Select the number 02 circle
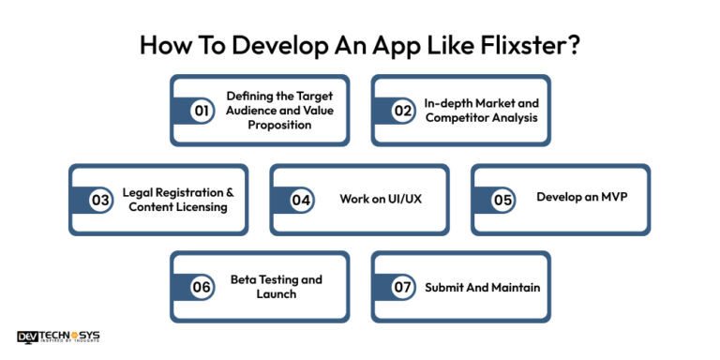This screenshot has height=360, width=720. point(402,111)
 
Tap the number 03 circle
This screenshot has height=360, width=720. point(100,200)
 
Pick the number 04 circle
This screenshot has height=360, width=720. point(301,200)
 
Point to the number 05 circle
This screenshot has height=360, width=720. point(502,200)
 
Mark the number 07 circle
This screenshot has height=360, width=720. point(402,287)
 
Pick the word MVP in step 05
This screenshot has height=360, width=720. point(611,199)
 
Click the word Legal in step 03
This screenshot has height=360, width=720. point(140,192)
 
